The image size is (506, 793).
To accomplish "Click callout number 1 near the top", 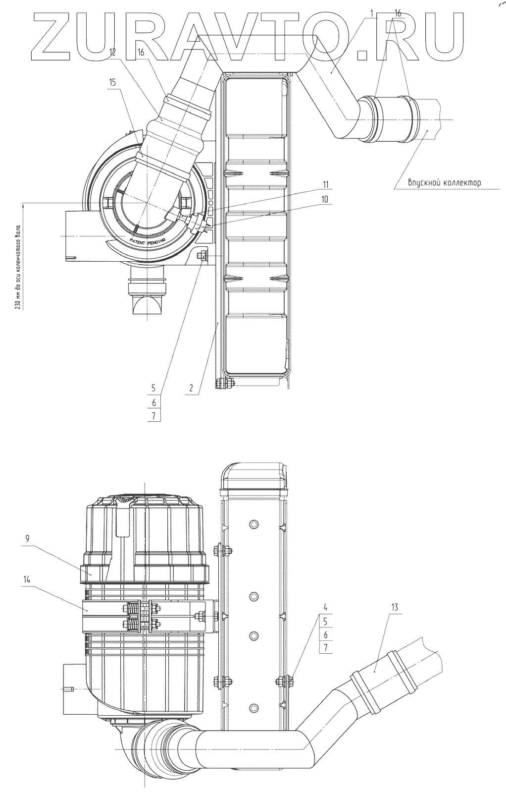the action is click(x=372, y=13).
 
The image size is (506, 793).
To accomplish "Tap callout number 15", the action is click(x=112, y=82).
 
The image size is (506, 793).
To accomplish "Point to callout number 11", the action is click(x=325, y=184).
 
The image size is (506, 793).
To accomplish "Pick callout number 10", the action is click(x=325, y=199).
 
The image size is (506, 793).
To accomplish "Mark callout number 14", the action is click(x=27, y=579).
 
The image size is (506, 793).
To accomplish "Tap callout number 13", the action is click(x=395, y=607).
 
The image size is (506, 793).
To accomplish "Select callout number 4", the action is click(x=325, y=607).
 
